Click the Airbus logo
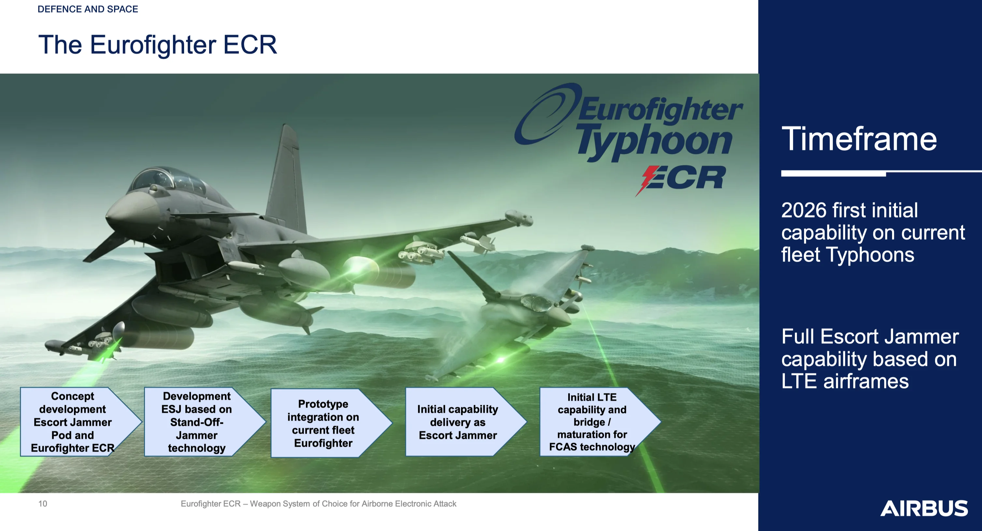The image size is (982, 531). (924, 508)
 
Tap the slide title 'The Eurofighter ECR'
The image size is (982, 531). (157, 45)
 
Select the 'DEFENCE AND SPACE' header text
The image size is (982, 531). (88, 9)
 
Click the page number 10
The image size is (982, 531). (43, 504)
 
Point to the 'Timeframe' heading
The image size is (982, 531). (859, 139)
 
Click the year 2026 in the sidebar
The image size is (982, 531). (804, 210)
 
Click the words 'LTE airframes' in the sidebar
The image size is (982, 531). (845, 381)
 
